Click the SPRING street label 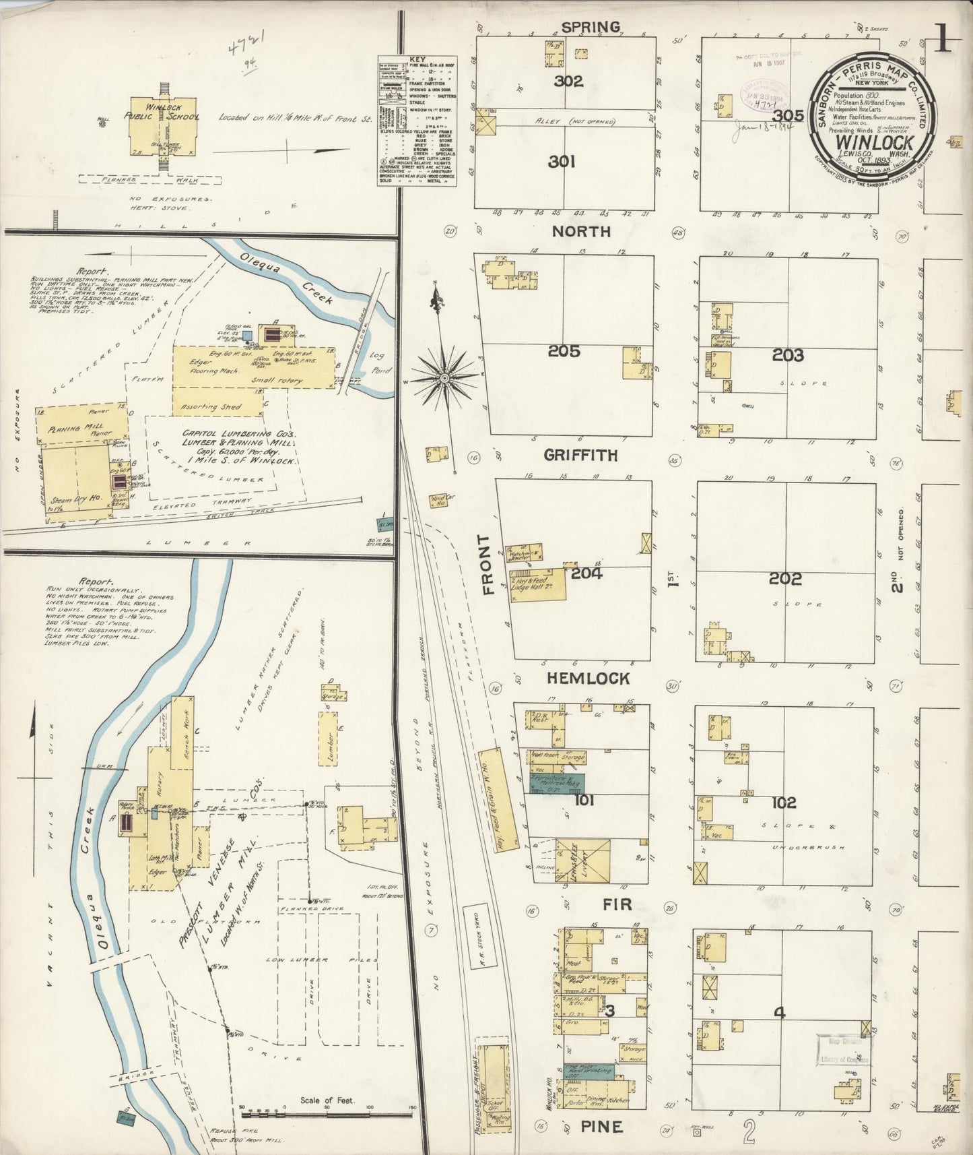point(590,27)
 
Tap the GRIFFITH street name point(580,456)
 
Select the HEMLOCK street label point(588,679)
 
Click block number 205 point(564,351)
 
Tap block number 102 point(784,803)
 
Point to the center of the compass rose point(444,379)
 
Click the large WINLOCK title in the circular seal point(874,143)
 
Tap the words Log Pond point(380,363)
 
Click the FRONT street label point(487,565)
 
